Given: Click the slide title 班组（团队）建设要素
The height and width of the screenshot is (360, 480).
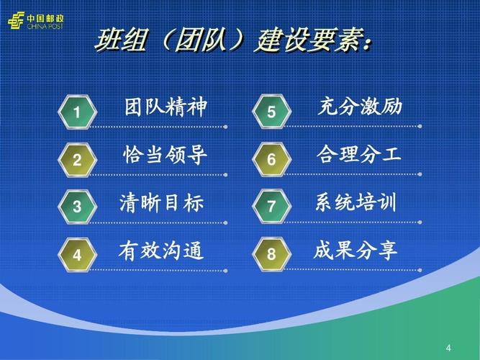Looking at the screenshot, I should [235, 42].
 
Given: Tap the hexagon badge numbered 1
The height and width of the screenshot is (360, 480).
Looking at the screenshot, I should [77, 112].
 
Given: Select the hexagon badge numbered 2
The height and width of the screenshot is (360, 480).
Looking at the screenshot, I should [77, 160].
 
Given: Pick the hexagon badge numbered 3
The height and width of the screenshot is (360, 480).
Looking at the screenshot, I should [77, 207].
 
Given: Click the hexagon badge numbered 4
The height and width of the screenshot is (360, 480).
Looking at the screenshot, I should [77, 255].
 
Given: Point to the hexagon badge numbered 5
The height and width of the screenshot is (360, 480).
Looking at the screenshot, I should [271, 112].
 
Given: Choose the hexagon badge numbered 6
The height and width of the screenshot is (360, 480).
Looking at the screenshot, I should [271, 160].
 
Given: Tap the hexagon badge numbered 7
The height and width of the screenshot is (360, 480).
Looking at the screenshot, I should [271, 207].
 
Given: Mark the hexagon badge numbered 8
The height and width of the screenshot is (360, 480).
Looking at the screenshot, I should [271, 255].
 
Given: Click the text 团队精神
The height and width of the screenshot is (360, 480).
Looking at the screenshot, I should [166, 108].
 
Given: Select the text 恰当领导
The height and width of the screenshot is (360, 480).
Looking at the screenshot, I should [166, 156].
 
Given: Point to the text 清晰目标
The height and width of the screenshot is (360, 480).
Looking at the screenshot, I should [162, 203].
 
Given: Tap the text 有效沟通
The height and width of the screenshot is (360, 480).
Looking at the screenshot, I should [161, 251].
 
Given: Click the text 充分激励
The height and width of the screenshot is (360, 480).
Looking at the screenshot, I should [359, 108].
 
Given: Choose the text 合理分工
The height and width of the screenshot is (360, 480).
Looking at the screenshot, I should [358, 156].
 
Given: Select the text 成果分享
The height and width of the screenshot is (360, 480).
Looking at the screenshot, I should [356, 251].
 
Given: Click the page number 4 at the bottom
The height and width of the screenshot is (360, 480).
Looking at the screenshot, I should [449, 348].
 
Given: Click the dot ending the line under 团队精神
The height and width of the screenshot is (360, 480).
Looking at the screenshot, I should [227, 127].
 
